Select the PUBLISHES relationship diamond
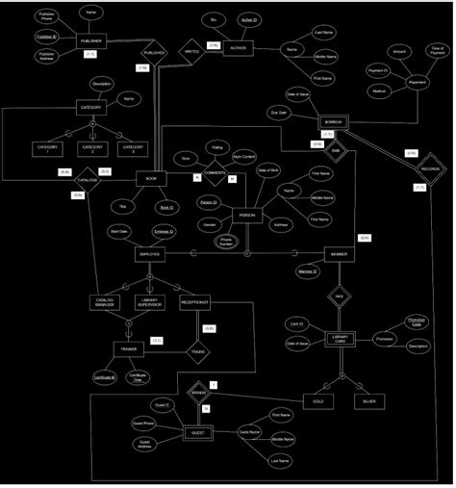click(x=154, y=53)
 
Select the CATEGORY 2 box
click(x=92, y=148)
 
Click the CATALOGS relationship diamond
click(x=88, y=180)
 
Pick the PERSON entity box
click(x=247, y=215)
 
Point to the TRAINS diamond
click(x=198, y=352)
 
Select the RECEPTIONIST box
click(x=194, y=302)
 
